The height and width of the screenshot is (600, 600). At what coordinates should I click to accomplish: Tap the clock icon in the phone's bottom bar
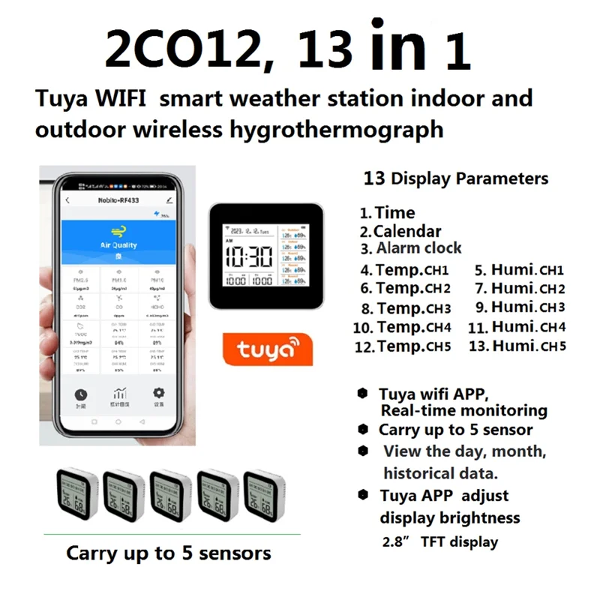(81, 395)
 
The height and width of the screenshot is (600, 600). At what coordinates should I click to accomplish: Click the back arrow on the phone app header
(67, 201)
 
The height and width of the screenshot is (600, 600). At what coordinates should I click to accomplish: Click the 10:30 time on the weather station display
(250, 257)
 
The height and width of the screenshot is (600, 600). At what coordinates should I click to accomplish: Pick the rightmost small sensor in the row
(264, 495)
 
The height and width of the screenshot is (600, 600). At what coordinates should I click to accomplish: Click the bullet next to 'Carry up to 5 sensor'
(363, 430)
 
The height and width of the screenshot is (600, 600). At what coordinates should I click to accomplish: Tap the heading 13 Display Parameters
(456, 178)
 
